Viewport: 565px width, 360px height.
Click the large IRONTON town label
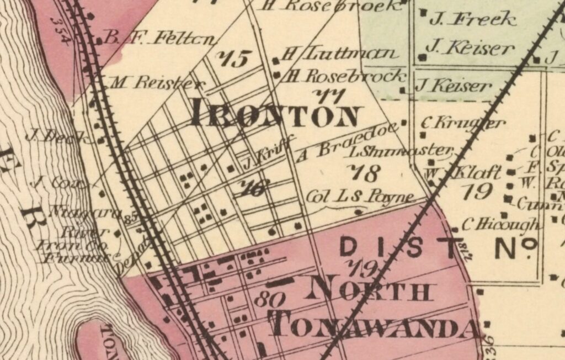275,115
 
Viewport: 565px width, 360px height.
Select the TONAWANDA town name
375,326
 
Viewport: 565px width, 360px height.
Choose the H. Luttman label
339,54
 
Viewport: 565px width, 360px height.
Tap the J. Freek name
472,20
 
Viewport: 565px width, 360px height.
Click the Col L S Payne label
359,197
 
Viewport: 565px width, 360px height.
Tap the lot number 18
366,173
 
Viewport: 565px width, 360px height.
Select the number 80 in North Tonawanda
270,299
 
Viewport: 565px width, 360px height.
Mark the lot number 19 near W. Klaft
477,191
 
